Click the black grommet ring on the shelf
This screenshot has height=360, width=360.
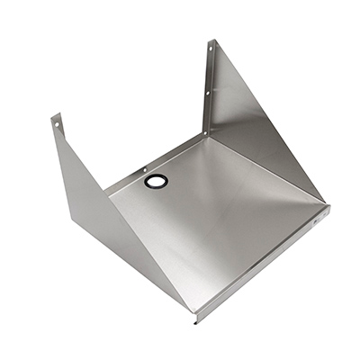(x=149, y=182)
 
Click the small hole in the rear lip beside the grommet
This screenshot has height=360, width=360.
(x=143, y=167)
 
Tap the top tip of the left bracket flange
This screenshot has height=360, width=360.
(x=55, y=114)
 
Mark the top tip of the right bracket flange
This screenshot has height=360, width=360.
(x=212, y=40)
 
